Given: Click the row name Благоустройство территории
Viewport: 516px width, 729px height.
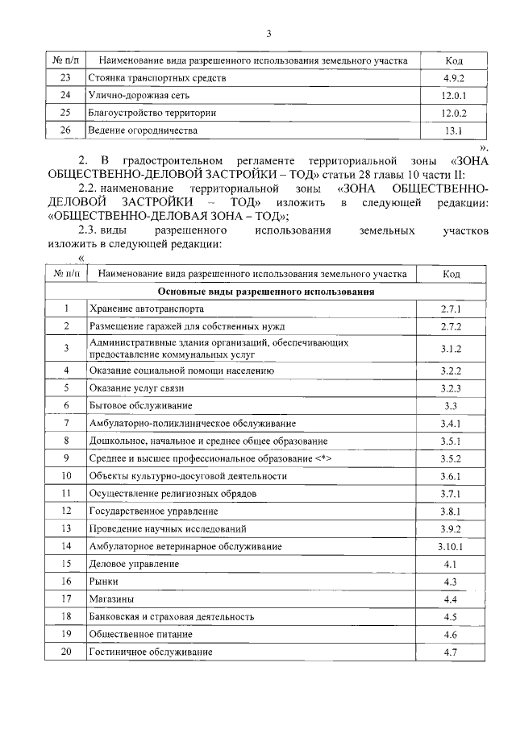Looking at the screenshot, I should pos(152,113).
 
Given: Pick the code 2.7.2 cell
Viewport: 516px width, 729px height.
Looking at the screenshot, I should pos(451,326).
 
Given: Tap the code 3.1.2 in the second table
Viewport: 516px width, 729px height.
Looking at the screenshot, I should pos(451,348).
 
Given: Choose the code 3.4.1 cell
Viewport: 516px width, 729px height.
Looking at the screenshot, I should pos(451,423).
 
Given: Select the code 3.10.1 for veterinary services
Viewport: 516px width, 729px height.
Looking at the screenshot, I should pos(451,547).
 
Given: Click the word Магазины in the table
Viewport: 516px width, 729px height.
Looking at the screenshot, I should pos(112,599).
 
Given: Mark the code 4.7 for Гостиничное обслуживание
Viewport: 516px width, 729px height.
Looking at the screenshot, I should pos(451,652).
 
